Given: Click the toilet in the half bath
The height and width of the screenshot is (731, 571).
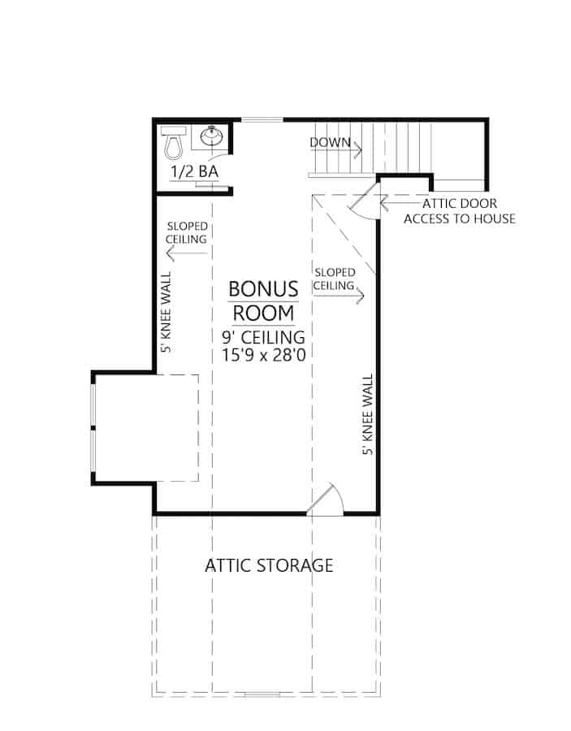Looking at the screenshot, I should click(x=173, y=143).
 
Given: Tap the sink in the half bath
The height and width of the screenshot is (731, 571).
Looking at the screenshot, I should click(x=213, y=137).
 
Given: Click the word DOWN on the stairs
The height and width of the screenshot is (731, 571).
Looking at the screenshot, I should click(x=330, y=143).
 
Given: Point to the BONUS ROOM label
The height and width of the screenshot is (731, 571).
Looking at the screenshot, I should click(x=262, y=301).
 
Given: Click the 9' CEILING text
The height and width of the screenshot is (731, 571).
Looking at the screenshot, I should click(x=262, y=335).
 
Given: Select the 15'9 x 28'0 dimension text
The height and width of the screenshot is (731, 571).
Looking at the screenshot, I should click(x=262, y=354).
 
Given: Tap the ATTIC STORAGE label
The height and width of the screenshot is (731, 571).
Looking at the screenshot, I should click(x=269, y=565).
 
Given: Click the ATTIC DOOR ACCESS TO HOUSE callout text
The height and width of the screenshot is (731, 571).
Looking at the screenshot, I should click(x=459, y=210).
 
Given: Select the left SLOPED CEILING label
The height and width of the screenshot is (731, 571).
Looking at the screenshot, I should click(x=187, y=233).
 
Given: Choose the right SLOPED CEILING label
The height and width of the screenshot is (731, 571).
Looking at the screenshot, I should click(x=335, y=279).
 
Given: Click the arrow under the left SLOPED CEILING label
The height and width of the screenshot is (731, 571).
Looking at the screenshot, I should click(x=186, y=253).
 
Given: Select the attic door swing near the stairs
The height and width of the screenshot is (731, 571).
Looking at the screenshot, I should click(x=364, y=201).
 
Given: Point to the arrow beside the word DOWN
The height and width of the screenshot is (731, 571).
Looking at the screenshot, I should click(x=357, y=148).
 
